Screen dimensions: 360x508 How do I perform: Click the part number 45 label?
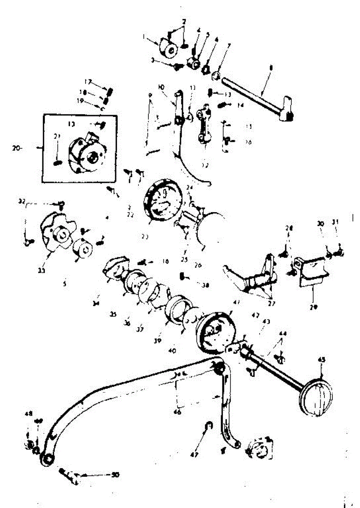[x=321, y=360]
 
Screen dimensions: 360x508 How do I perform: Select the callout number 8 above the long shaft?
[x=271, y=67]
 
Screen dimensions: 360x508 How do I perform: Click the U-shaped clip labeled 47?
[x=208, y=425]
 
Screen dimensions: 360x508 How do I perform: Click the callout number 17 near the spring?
[x=88, y=82]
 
